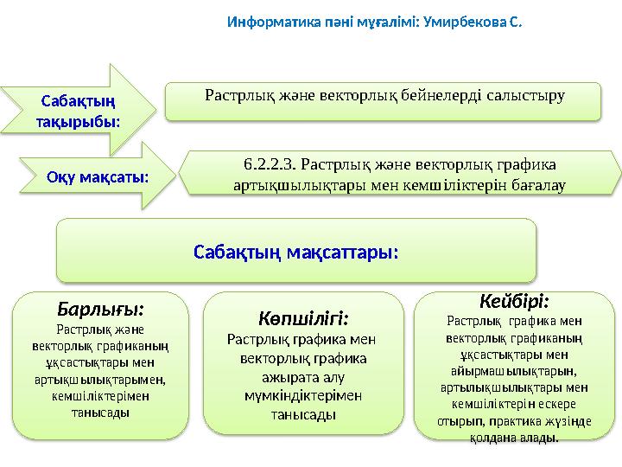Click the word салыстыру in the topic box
[x=528, y=93]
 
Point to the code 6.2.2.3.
[x=271, y=162]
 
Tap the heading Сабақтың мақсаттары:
[x=295, y=253]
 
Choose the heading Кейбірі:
[x=515, y=300]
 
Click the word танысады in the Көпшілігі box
[x=303, y=415]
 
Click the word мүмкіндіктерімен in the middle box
[x=302, y=396]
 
